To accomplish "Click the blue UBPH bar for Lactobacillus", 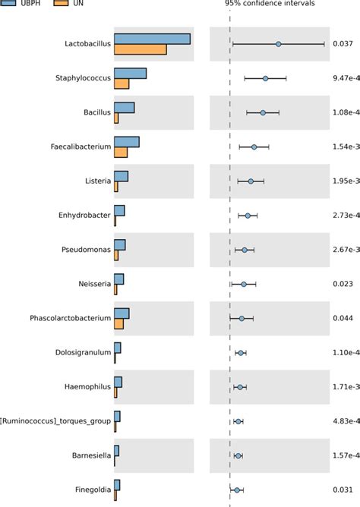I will tap(152, 39).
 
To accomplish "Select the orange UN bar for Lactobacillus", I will tap(140, 49).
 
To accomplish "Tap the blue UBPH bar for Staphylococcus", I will tap(130, 74).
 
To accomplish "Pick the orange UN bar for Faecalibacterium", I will tap(121, 153).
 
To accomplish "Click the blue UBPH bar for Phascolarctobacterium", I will tap(122, 313).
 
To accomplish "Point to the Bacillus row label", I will tap(97, 113).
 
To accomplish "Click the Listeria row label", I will tap(99, 181).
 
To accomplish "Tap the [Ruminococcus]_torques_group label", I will tap(56, 421).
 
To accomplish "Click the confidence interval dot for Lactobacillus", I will tap(279, 44).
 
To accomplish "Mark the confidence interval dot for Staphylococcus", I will tap(265, 78).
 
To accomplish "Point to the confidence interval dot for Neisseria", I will tap(244, 284).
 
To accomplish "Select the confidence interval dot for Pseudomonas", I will tap(245, 250).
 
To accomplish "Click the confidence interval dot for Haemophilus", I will tap(240, 387).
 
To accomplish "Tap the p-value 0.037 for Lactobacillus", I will tap(343, 44).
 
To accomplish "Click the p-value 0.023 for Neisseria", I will tap(343, 284).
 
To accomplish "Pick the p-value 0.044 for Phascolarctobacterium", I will tap(343, 318).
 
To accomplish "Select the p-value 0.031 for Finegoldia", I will tap(343, 490).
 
